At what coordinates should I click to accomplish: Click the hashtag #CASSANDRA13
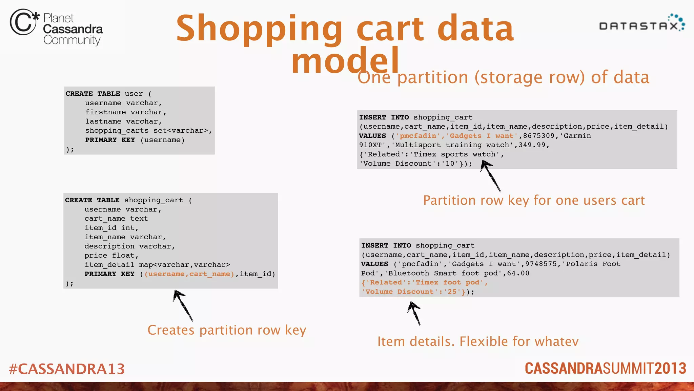(67, 369)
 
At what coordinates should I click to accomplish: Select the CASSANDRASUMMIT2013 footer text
(605, 369)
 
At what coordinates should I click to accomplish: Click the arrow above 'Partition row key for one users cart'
(490, 176)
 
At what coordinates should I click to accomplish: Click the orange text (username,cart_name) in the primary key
(189, 274)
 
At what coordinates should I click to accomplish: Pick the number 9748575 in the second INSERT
(541, 264)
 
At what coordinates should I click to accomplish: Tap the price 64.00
(518, 273)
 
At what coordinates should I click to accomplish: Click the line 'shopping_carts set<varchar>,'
(148, 131)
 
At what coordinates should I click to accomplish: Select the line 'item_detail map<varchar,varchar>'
(157, 265)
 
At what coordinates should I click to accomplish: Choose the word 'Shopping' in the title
(259, 29)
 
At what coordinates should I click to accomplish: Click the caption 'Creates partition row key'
(227, 330)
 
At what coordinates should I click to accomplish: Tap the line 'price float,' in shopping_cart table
(111, 256)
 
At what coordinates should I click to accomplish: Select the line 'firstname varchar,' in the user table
(126, 112)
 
